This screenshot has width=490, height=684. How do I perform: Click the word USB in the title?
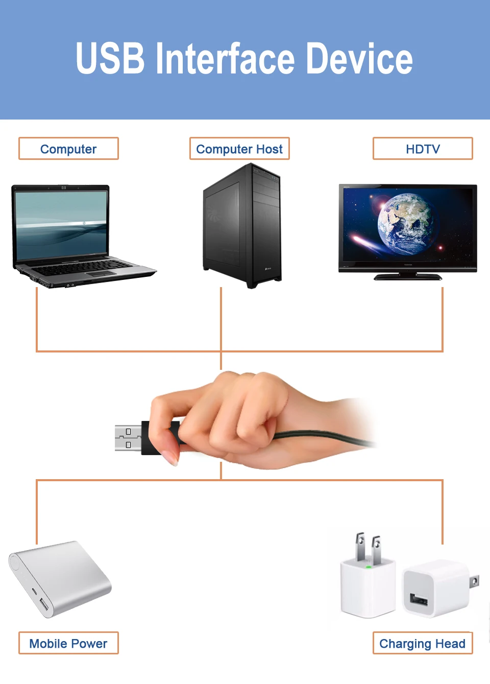coord(110,59)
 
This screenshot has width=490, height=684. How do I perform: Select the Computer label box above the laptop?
coord(68,149)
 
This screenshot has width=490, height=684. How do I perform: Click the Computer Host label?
coord(239,149)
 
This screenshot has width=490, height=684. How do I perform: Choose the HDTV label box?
coord(423,149)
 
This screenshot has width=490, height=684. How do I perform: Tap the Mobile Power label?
coord(68,643)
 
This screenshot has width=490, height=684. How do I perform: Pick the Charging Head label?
coord(423,643)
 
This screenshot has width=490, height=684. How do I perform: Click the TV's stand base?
coord(408,277)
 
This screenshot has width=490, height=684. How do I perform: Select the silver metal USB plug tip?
coord(128,438)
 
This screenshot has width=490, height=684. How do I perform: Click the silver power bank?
coord(60,578)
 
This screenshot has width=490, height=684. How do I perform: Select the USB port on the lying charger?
coord(419,598)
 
